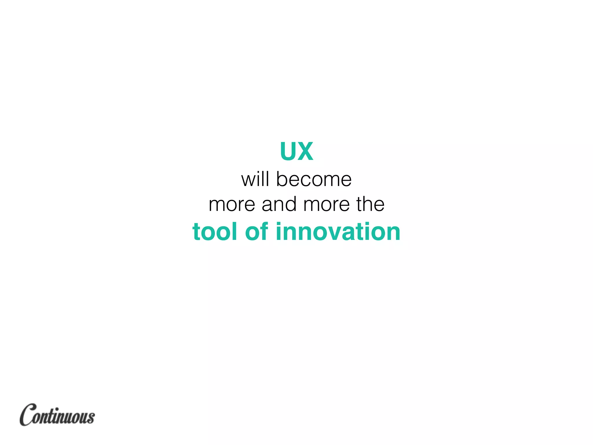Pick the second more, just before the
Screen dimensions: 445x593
(x=327, y=205)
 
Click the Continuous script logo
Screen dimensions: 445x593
(x=57, y=415)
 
